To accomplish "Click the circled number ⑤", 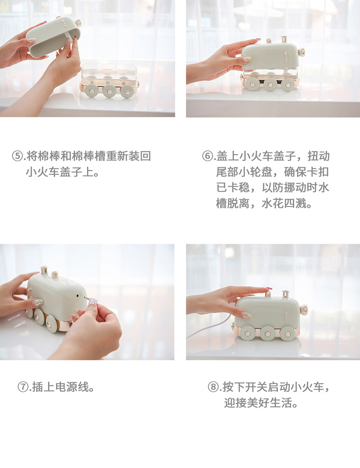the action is tap(17, 156).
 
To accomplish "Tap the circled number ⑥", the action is tap(207, 156).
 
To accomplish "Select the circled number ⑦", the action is tap(23, 387).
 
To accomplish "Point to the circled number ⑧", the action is tap(213, 387).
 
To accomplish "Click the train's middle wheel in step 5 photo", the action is tap(109, 91).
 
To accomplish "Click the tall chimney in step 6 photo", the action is tap(284, 39).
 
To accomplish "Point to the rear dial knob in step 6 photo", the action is tap(302, 53).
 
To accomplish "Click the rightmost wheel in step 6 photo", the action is tap(288, 84).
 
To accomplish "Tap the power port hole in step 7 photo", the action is tap(78, 296).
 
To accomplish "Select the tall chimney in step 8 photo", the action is tap(286, 294).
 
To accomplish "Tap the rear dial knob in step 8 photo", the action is tap(303, 309).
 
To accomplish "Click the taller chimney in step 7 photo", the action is tap(44, 270).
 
